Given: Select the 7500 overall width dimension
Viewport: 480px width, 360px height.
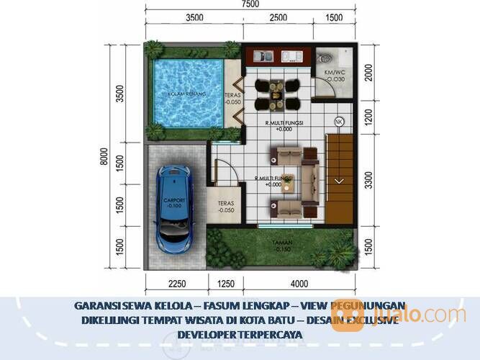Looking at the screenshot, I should pos(250,5).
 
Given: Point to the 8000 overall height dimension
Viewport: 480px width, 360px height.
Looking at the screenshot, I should pos(105,156).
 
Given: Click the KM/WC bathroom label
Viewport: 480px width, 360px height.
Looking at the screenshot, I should pos(335,73).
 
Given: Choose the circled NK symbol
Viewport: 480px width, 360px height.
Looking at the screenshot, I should pos(339,122).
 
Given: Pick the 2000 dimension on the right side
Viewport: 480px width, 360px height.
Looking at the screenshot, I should pos(369,73).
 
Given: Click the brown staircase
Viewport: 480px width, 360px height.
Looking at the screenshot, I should pos(341,180).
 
